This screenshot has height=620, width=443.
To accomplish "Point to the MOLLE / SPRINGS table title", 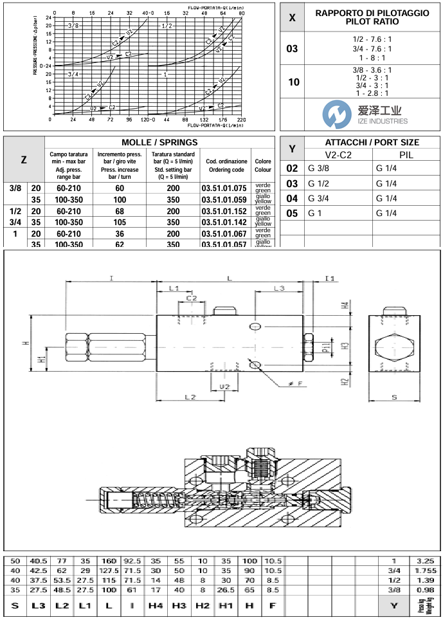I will [159, 142].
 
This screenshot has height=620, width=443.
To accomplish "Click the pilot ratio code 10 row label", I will [293, 82].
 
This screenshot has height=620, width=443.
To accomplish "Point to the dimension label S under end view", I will [393, 397].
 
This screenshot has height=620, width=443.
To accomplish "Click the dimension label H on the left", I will [26, 343].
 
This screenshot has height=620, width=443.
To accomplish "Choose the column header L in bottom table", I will [108, 605].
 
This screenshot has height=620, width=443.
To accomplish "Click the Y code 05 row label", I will [293, 214].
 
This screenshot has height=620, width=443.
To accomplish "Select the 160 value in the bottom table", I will [108, 560].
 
